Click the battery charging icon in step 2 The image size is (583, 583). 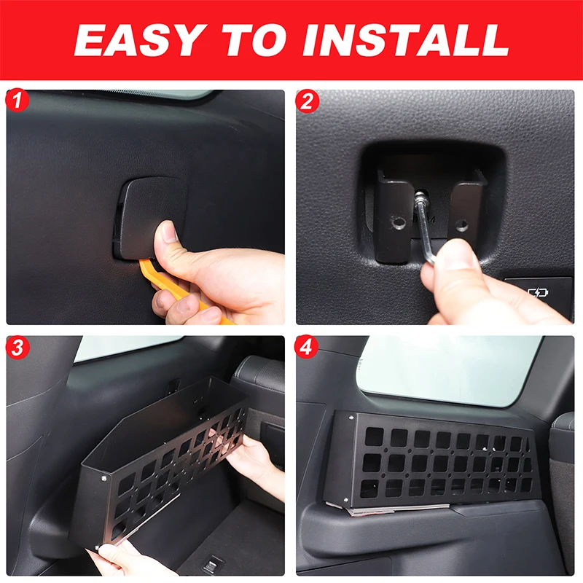click(x=538, y=293)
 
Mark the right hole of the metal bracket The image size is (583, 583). click(x=461, y=224)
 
